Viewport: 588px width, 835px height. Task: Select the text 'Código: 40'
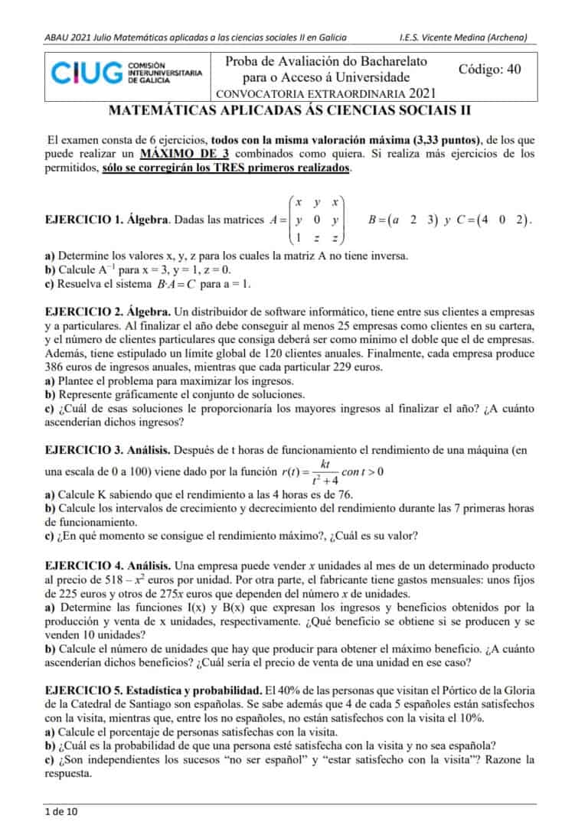(489, 69)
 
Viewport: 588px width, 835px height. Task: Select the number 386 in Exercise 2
(56, 367)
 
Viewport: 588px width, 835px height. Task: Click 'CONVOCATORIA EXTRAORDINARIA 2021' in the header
(327, 93)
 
